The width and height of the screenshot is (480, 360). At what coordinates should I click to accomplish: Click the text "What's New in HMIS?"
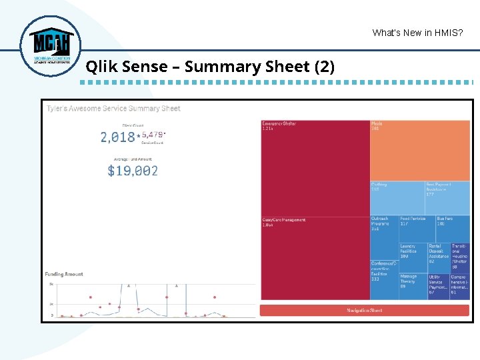418,33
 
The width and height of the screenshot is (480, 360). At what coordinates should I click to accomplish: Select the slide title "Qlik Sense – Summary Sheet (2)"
210,67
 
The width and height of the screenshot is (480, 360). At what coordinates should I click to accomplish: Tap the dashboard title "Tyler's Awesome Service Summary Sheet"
113,108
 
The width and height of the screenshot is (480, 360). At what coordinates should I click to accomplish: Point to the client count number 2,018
117,137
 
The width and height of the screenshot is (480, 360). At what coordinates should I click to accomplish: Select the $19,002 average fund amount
133,171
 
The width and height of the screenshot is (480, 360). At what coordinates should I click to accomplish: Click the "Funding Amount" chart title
64,274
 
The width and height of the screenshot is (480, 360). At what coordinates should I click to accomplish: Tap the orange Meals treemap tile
420,150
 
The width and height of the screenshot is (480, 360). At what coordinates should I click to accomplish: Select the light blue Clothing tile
397,197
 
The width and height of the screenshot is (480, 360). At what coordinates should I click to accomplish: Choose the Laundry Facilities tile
413,257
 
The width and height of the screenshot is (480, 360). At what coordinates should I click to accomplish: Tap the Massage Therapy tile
413,286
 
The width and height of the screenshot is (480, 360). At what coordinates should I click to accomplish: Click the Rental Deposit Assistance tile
439,257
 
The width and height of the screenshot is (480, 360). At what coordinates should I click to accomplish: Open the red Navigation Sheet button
365,311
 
